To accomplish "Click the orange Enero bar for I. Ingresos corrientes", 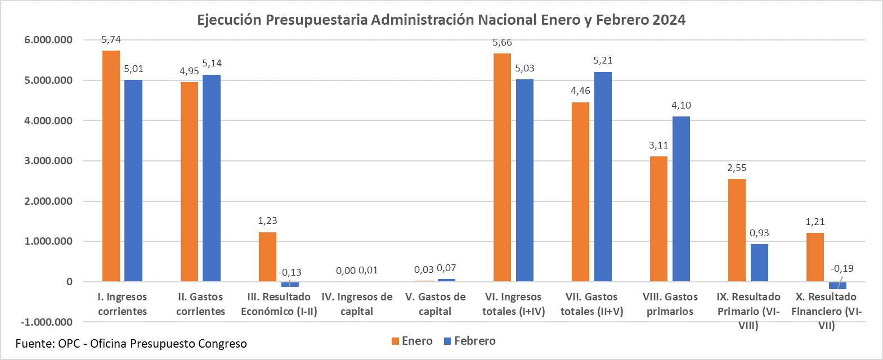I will (111, 166).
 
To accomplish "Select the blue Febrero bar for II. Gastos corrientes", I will (212, 178).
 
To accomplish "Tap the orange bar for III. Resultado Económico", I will (267, 256).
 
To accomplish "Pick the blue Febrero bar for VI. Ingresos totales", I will (525, 180).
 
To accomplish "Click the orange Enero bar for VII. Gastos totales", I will (580, 192).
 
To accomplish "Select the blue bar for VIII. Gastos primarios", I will (681, 199).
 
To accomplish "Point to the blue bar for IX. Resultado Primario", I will (759, 263).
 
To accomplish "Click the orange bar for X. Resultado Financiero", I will (815, 257).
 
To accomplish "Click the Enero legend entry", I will (412, 341).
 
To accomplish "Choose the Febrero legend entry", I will (470, 341).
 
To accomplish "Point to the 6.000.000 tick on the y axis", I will (48, 40).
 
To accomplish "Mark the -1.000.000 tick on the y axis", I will (47, 322).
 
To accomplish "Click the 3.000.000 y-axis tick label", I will (48, 161).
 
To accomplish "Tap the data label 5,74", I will (111, 40).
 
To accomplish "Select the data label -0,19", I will (842, 268).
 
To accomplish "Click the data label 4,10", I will (681, 105).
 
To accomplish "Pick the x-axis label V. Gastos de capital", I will (435, 304).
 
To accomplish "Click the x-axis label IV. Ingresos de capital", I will (357, 304).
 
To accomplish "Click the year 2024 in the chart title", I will (669, 20).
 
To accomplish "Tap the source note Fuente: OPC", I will (131, 343).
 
